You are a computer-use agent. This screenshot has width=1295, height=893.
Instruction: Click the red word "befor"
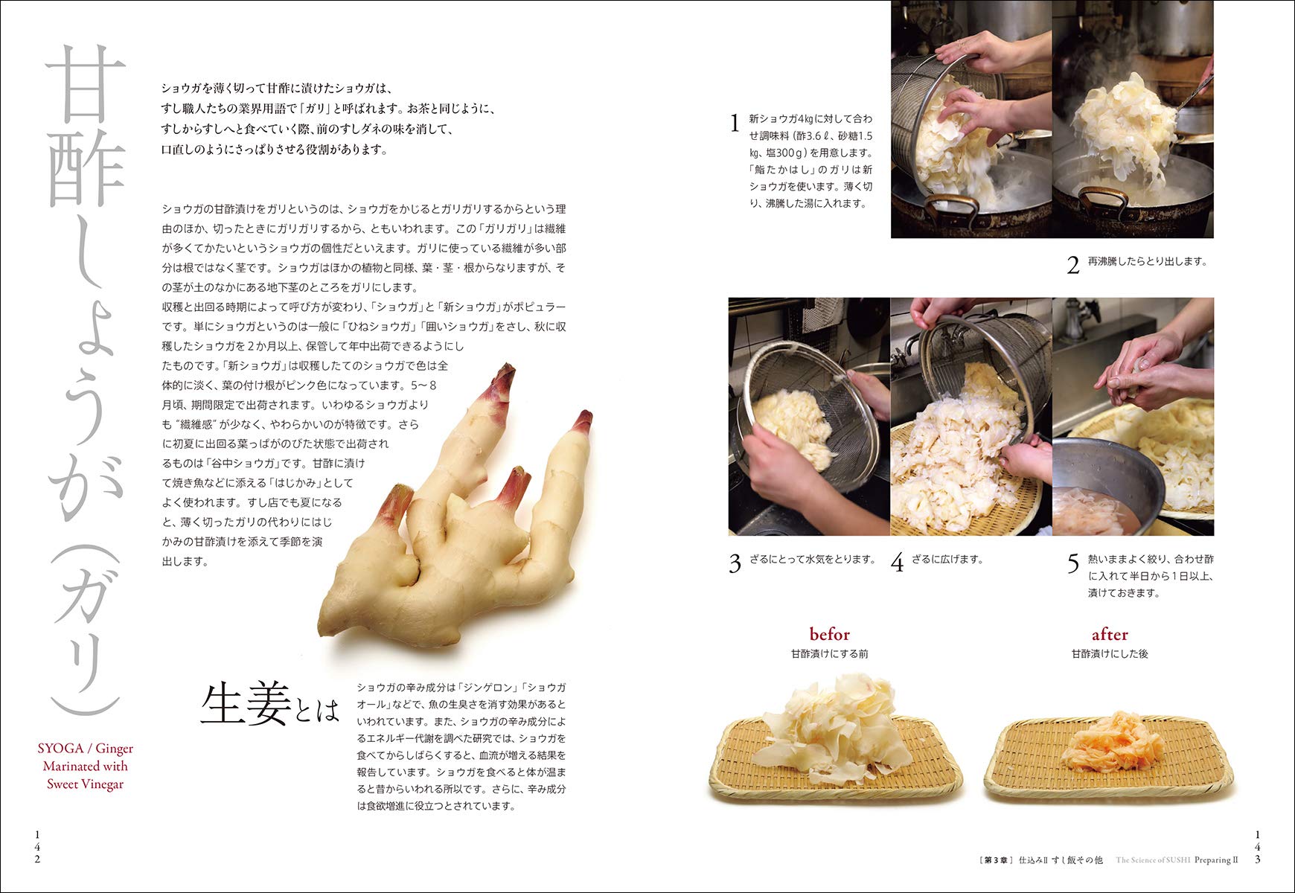tap(829, 634)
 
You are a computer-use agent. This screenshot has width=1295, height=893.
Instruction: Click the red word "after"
tap(1109, 634)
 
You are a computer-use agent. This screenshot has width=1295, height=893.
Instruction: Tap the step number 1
tap(735, 124)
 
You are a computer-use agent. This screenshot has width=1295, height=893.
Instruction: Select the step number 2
tap(1072, 265)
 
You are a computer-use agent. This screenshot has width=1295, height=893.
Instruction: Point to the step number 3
tap(735, 563)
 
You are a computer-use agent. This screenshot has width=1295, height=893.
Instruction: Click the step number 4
tap(897, 563)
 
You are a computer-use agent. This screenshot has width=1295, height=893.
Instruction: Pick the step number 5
tap(1072, 563)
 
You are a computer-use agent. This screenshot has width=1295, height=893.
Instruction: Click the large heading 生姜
tap(246, 704)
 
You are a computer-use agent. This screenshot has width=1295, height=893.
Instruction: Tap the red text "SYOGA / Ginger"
tap(86, 748)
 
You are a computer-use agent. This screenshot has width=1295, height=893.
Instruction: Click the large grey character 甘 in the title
tap(86, 83)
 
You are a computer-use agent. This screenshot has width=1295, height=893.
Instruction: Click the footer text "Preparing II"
tap(1216, 860)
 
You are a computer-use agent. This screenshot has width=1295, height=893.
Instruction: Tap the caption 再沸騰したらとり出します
tap(1147, 261)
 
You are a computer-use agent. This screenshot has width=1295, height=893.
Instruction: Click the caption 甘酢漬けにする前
tap(829, 653)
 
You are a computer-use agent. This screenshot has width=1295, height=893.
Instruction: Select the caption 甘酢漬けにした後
tap(1109, 653)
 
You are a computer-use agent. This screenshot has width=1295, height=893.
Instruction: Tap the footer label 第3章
tap(995, 860)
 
